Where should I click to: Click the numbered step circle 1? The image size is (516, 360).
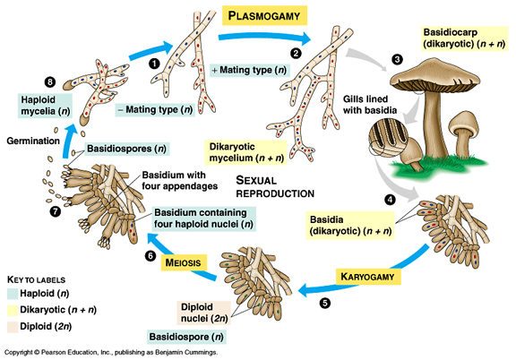point(154,64)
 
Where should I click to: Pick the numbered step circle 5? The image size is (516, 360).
point(324,303)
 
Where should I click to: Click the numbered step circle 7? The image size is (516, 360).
point(55,211)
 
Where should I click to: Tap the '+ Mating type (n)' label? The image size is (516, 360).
point(249,70)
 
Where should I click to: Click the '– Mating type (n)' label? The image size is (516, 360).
point(155,109)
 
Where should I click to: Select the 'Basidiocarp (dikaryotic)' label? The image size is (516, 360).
point(464,39)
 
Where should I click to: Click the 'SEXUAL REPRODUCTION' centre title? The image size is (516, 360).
point(274,185)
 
